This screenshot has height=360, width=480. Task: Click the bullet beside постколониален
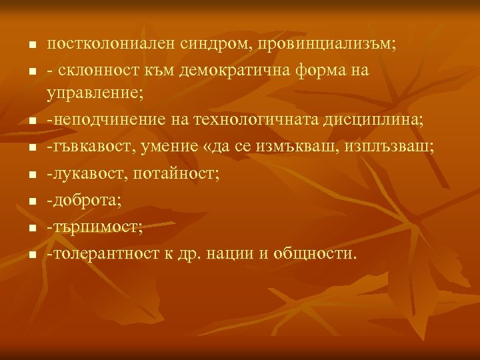(31, 45)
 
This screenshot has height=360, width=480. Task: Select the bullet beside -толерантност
(31, 255)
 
